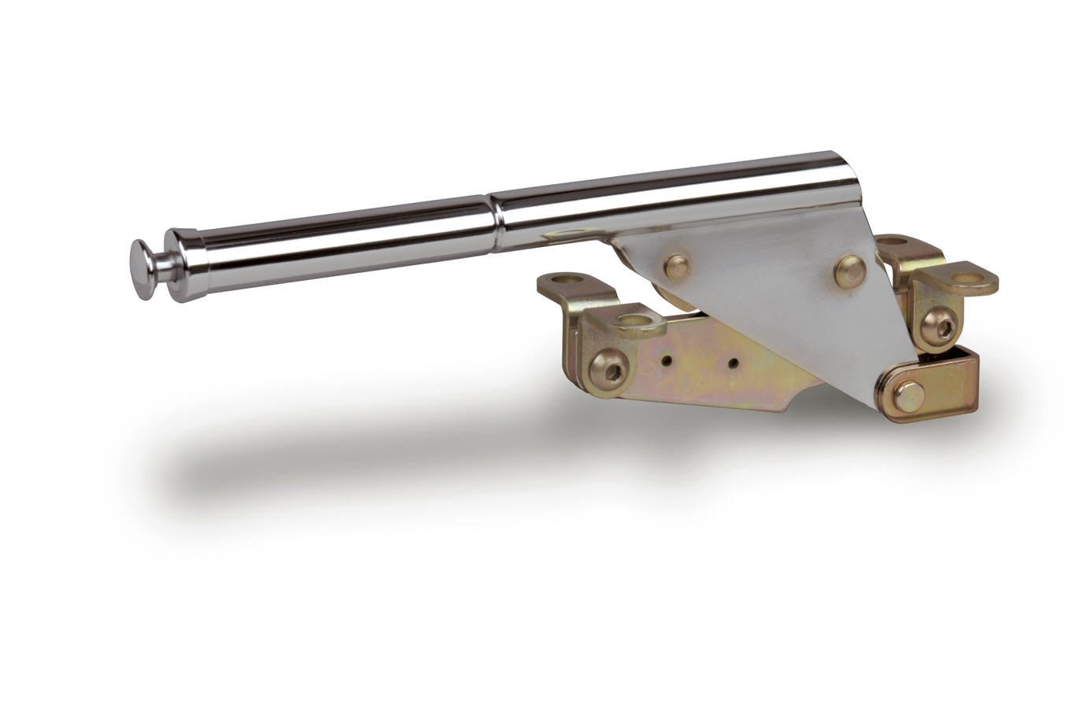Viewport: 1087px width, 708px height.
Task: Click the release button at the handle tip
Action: click(x=141, y=269)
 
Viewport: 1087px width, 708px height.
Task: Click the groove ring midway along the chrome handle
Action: click(x=495, y=213)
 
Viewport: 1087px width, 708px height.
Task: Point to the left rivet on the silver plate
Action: click(x=676, y=267)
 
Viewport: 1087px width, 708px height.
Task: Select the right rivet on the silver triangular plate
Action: click(x=850, y=271)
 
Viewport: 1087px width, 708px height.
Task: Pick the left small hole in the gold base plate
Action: click(x=667, y=360)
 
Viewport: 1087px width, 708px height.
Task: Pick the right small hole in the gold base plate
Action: click(x=733, y=363)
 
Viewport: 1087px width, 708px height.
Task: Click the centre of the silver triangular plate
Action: click(x=771, y=299)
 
